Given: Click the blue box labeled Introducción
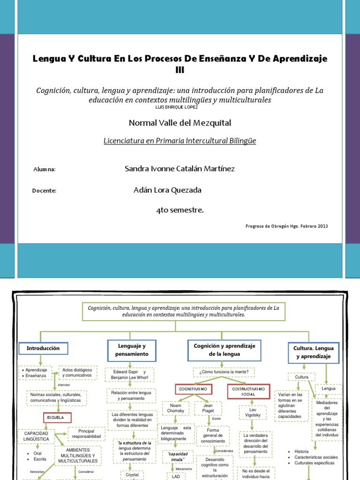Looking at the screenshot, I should click(x=43, y=348).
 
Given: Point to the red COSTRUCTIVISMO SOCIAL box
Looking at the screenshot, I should click(x=248, y=391).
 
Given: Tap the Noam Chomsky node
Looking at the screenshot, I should click(x=176, y=408).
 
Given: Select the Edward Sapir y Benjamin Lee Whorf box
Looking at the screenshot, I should click(x=129, y=375).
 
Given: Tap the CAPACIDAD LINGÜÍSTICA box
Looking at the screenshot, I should click(x=37, y=436).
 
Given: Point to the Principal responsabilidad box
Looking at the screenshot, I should click(x=86, y=434).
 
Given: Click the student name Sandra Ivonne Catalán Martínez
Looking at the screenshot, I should click(x=180, y=169).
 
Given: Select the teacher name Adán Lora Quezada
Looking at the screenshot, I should click(x=167, y=190).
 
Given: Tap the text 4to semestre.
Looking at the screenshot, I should click(x=180, y=210).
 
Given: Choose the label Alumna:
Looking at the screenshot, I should click(x=45, y=169).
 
